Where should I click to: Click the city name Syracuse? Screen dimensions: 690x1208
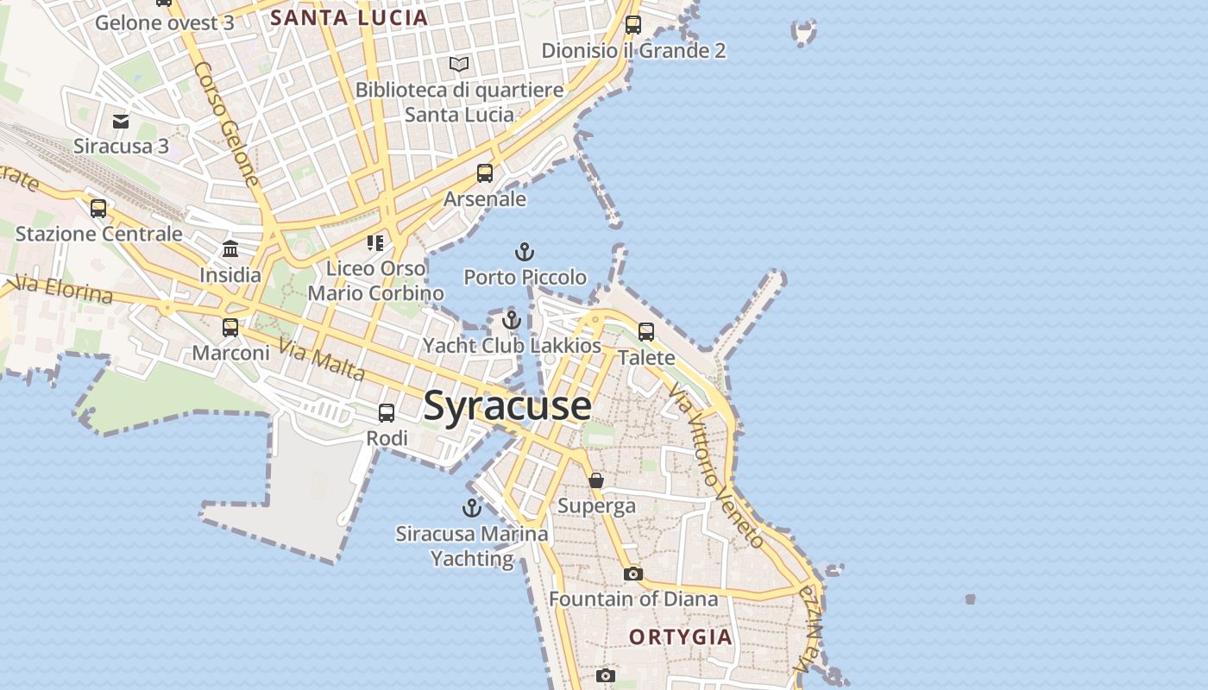(507, 405)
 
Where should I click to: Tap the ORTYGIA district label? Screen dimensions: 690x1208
(681, 637)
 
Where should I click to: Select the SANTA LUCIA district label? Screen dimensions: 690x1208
(349, 18)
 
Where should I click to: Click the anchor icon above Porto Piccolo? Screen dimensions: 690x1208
(524, 252)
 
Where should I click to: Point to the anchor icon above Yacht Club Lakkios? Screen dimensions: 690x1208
(512, 320)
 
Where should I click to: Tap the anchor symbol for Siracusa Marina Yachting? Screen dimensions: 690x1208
(471, 507)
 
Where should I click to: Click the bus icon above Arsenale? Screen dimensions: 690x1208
(485, 173)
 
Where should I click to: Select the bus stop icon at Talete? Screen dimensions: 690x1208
(646, 331)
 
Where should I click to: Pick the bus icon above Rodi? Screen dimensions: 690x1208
(387, 413)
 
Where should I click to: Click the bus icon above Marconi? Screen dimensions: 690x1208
(230, 328)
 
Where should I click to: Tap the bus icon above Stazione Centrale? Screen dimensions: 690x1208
(98, 208)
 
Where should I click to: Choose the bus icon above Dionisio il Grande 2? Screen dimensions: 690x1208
(633, 25)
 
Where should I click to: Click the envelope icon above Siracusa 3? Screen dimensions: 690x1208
(121, 122)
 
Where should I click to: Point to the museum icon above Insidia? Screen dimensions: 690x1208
(230, 249)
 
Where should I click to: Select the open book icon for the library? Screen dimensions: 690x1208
(459, 64)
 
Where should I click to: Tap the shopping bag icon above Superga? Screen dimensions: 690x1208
(596, 480)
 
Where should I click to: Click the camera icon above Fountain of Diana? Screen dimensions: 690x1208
(633, 574)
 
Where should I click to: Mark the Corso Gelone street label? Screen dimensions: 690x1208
(226, 123)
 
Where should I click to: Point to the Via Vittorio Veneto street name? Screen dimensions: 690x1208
(716, 467)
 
